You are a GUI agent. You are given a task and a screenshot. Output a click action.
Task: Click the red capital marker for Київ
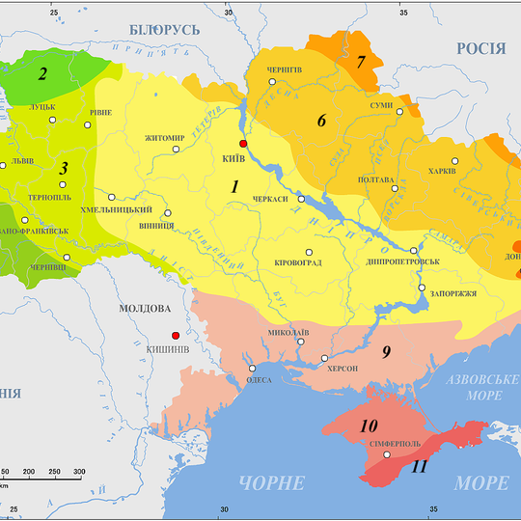243,143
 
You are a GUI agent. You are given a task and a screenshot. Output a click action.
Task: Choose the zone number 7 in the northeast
362,63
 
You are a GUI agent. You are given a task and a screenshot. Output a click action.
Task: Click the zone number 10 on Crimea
369,425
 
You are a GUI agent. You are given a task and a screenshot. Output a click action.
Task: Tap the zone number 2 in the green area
42,73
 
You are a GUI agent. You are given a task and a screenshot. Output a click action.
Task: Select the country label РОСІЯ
481,49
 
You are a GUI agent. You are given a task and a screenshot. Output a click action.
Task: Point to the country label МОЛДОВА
144,309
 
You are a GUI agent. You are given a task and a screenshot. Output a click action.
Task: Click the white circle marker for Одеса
252,368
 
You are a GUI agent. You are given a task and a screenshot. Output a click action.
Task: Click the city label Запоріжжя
450,293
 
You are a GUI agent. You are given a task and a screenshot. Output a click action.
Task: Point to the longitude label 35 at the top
404,12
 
